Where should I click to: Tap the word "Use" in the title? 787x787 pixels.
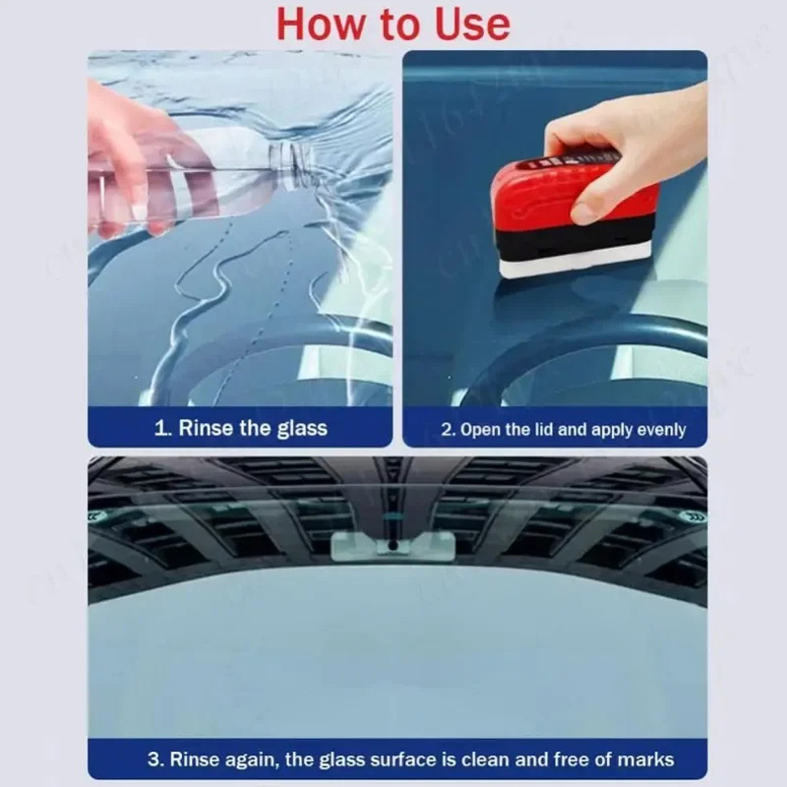click(472, 25)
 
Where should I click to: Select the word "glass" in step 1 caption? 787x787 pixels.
click(302, 429)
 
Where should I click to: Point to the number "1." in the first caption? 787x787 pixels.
click(163, 429)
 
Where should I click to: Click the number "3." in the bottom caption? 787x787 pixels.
click(156, 758)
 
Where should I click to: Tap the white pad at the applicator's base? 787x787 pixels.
click(575, 260)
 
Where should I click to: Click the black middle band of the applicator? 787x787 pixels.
click(573, 237)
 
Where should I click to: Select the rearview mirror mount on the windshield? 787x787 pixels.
click(393, 546)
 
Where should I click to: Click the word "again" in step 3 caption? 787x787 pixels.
click(251, 759)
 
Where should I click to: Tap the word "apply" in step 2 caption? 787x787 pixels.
click(610, 431)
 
